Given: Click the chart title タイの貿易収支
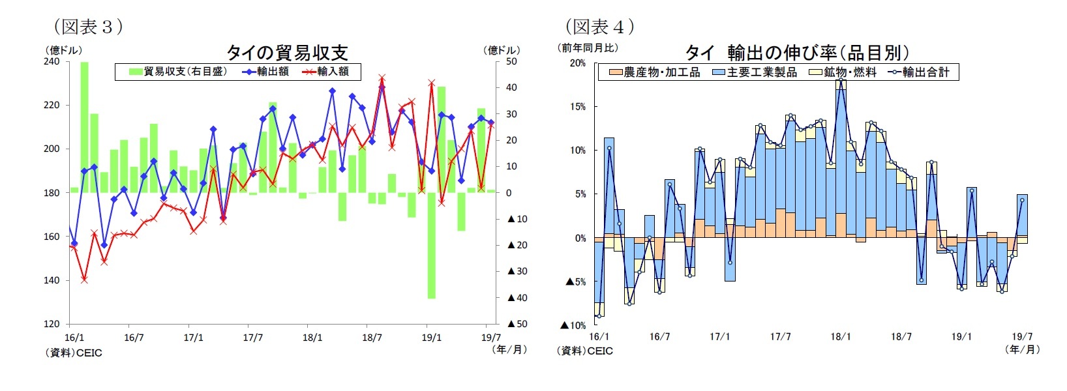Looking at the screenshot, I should pos(287,52).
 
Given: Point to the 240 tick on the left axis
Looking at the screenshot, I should pos(52,61).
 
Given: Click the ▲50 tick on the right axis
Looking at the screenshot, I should pos(517,324).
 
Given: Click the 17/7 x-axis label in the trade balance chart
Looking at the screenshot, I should pos(253,338).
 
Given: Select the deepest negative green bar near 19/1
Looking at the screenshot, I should pos(431,245).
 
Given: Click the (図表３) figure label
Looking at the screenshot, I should pos(88,27).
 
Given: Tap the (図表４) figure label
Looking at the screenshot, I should pos(599,27).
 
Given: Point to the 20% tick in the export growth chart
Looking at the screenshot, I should pos(577,63).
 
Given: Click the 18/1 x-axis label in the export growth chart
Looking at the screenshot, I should pos(841,337).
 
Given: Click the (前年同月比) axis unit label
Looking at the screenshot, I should pos(588,48).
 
